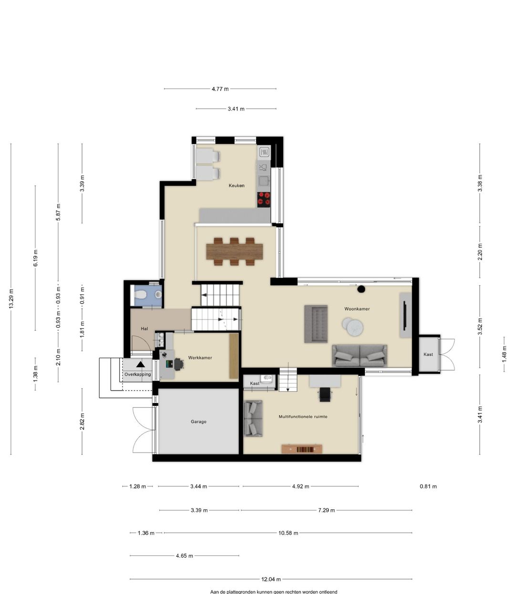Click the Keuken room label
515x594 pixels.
click(x=237, y=186)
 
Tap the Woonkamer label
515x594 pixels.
click(x=357, y=309)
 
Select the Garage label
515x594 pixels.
click(x=198, y=422)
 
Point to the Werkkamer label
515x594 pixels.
click(x=200, y=358)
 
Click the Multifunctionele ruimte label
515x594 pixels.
click(x=303, y=416)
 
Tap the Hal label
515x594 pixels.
click(x=144, y=329)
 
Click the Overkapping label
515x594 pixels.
click(x=137, y=374)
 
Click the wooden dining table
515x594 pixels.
click(x=235, y=252)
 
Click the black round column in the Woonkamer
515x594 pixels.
click(x=361, y=289)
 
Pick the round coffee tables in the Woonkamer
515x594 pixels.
click(x=353, y=326)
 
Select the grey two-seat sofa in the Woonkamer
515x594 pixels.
click(x=360, y=355)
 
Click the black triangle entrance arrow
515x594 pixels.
click(x=141, y=364)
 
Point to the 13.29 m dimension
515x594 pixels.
click(x=11, y=299)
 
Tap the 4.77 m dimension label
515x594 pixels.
click(x=220, y=89)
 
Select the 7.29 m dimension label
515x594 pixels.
click(x=326, y=510)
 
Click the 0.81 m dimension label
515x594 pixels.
click(x=428, y=486)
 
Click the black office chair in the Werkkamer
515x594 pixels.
click(x=179, y=364)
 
